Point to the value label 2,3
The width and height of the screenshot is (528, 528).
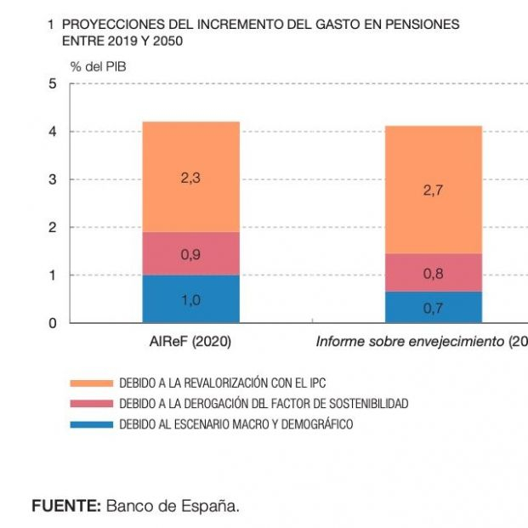pos(190,179)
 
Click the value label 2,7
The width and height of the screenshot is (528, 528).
pos(434,190)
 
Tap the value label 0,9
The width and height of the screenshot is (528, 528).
pos(190,253)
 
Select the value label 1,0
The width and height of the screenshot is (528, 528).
pos(190,299)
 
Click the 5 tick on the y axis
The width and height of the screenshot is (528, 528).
pos(53,84)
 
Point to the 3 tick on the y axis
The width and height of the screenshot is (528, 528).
pos(53,179)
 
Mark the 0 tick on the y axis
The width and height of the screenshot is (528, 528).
pos(53,323)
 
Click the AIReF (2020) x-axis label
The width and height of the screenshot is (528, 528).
pos(190,342)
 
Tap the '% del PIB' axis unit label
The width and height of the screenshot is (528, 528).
pos(99,65)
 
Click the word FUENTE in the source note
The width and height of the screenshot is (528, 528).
pos(66,506)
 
